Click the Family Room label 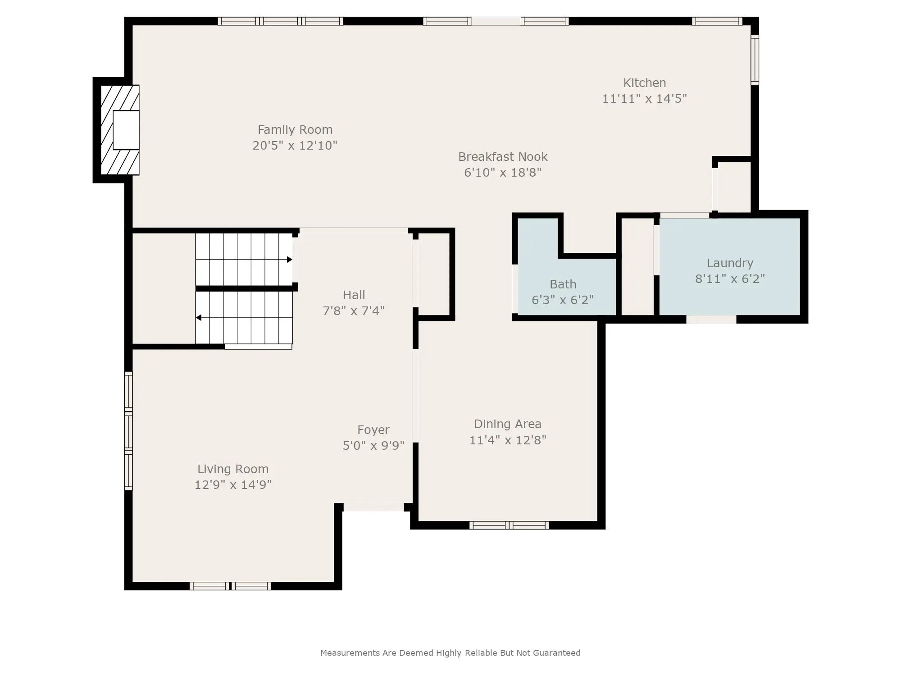click(x=295, y=130)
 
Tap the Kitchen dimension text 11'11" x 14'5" click(x=645, y=98)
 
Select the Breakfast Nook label click(x=503, y=157)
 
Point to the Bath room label click(x=563, y=284)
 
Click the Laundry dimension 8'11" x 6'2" click(x=730, y=279)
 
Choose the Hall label click(x=354, y=295)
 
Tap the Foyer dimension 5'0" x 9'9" click(x=374, y=446)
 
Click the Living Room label click(x=233, y=469)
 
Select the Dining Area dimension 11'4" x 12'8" click(x=508, y=440)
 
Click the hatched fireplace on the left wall click(x=119, y=130)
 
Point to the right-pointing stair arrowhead click(x=290, y=260)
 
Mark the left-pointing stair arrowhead click(x=199, y=318)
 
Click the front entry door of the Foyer click(x=373, y=507)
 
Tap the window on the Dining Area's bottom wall click(x=509, y=525)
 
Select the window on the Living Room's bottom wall click(x=230, y=586)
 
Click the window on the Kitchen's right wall click(x=755, y=59)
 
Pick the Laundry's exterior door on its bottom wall click(x=711, y=320)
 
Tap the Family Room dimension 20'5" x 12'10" click(x=295, y=146)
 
